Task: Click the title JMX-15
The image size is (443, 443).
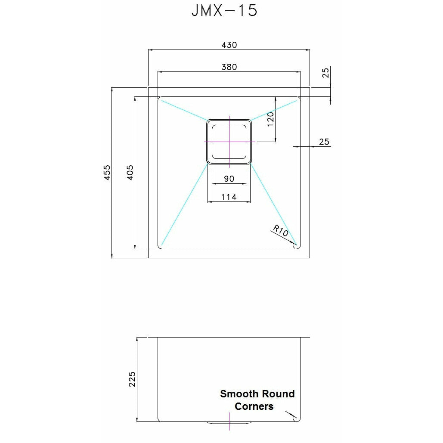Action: point(224,10)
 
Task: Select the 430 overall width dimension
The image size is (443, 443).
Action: point(229,45)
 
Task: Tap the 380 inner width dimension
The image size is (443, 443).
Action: point(229,67)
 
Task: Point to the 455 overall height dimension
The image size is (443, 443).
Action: point(107,172)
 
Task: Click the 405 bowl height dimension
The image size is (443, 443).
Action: point(130,172)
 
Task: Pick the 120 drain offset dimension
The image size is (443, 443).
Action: point(270,119)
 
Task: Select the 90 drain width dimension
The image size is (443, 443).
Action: point(229,179)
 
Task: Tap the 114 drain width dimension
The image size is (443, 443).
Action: point(229,197)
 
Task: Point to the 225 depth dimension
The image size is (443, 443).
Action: point(132,379)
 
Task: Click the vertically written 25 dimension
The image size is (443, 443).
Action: point(325,73)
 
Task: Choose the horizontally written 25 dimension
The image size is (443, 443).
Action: point(324,141)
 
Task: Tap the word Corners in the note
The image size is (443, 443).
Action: point(254,406)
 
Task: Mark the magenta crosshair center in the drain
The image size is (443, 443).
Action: point(229,141)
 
